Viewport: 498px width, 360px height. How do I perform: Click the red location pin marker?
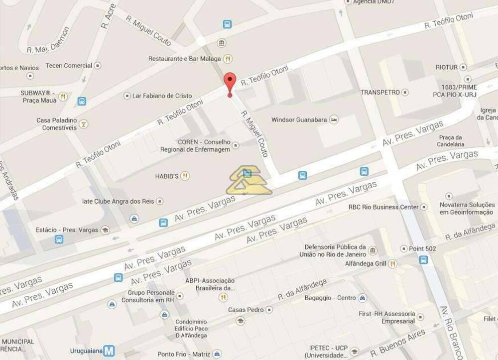[229, 83]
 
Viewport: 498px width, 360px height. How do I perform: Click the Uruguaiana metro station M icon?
[109, 351]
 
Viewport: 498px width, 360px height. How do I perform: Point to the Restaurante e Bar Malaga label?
[184, 59]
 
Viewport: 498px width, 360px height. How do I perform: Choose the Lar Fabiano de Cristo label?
[162, 96]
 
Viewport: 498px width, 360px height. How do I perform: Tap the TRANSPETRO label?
[380, 92]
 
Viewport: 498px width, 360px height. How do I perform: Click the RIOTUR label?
[446, 67]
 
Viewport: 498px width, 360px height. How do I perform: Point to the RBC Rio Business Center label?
[383, 207]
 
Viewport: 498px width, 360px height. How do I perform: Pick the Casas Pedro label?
[246, 310]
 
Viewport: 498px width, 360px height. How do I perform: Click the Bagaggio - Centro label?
[330, 298]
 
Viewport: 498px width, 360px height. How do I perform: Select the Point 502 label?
[422, 248]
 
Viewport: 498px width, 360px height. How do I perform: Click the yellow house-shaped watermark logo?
[249, 181]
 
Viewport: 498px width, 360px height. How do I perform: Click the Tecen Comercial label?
[69, 65]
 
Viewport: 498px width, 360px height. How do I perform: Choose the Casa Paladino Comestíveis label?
[57, 123]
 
